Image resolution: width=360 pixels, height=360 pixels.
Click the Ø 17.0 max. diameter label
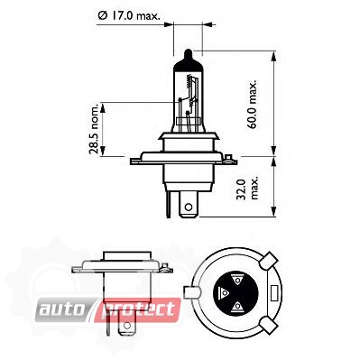tap(129, 15)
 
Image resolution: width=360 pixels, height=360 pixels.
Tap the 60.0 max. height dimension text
tap(253, 104)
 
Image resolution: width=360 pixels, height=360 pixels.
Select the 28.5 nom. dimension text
tap(94, 129)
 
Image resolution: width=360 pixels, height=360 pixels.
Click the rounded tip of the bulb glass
tap(188, 52)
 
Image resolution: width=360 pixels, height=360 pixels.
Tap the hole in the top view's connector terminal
tap(189, 207)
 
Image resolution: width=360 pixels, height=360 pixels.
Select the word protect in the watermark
tap(139, 309)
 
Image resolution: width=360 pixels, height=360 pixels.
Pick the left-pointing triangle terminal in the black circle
tap(223, 291)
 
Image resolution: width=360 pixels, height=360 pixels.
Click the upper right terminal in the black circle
tap(237, 280)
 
